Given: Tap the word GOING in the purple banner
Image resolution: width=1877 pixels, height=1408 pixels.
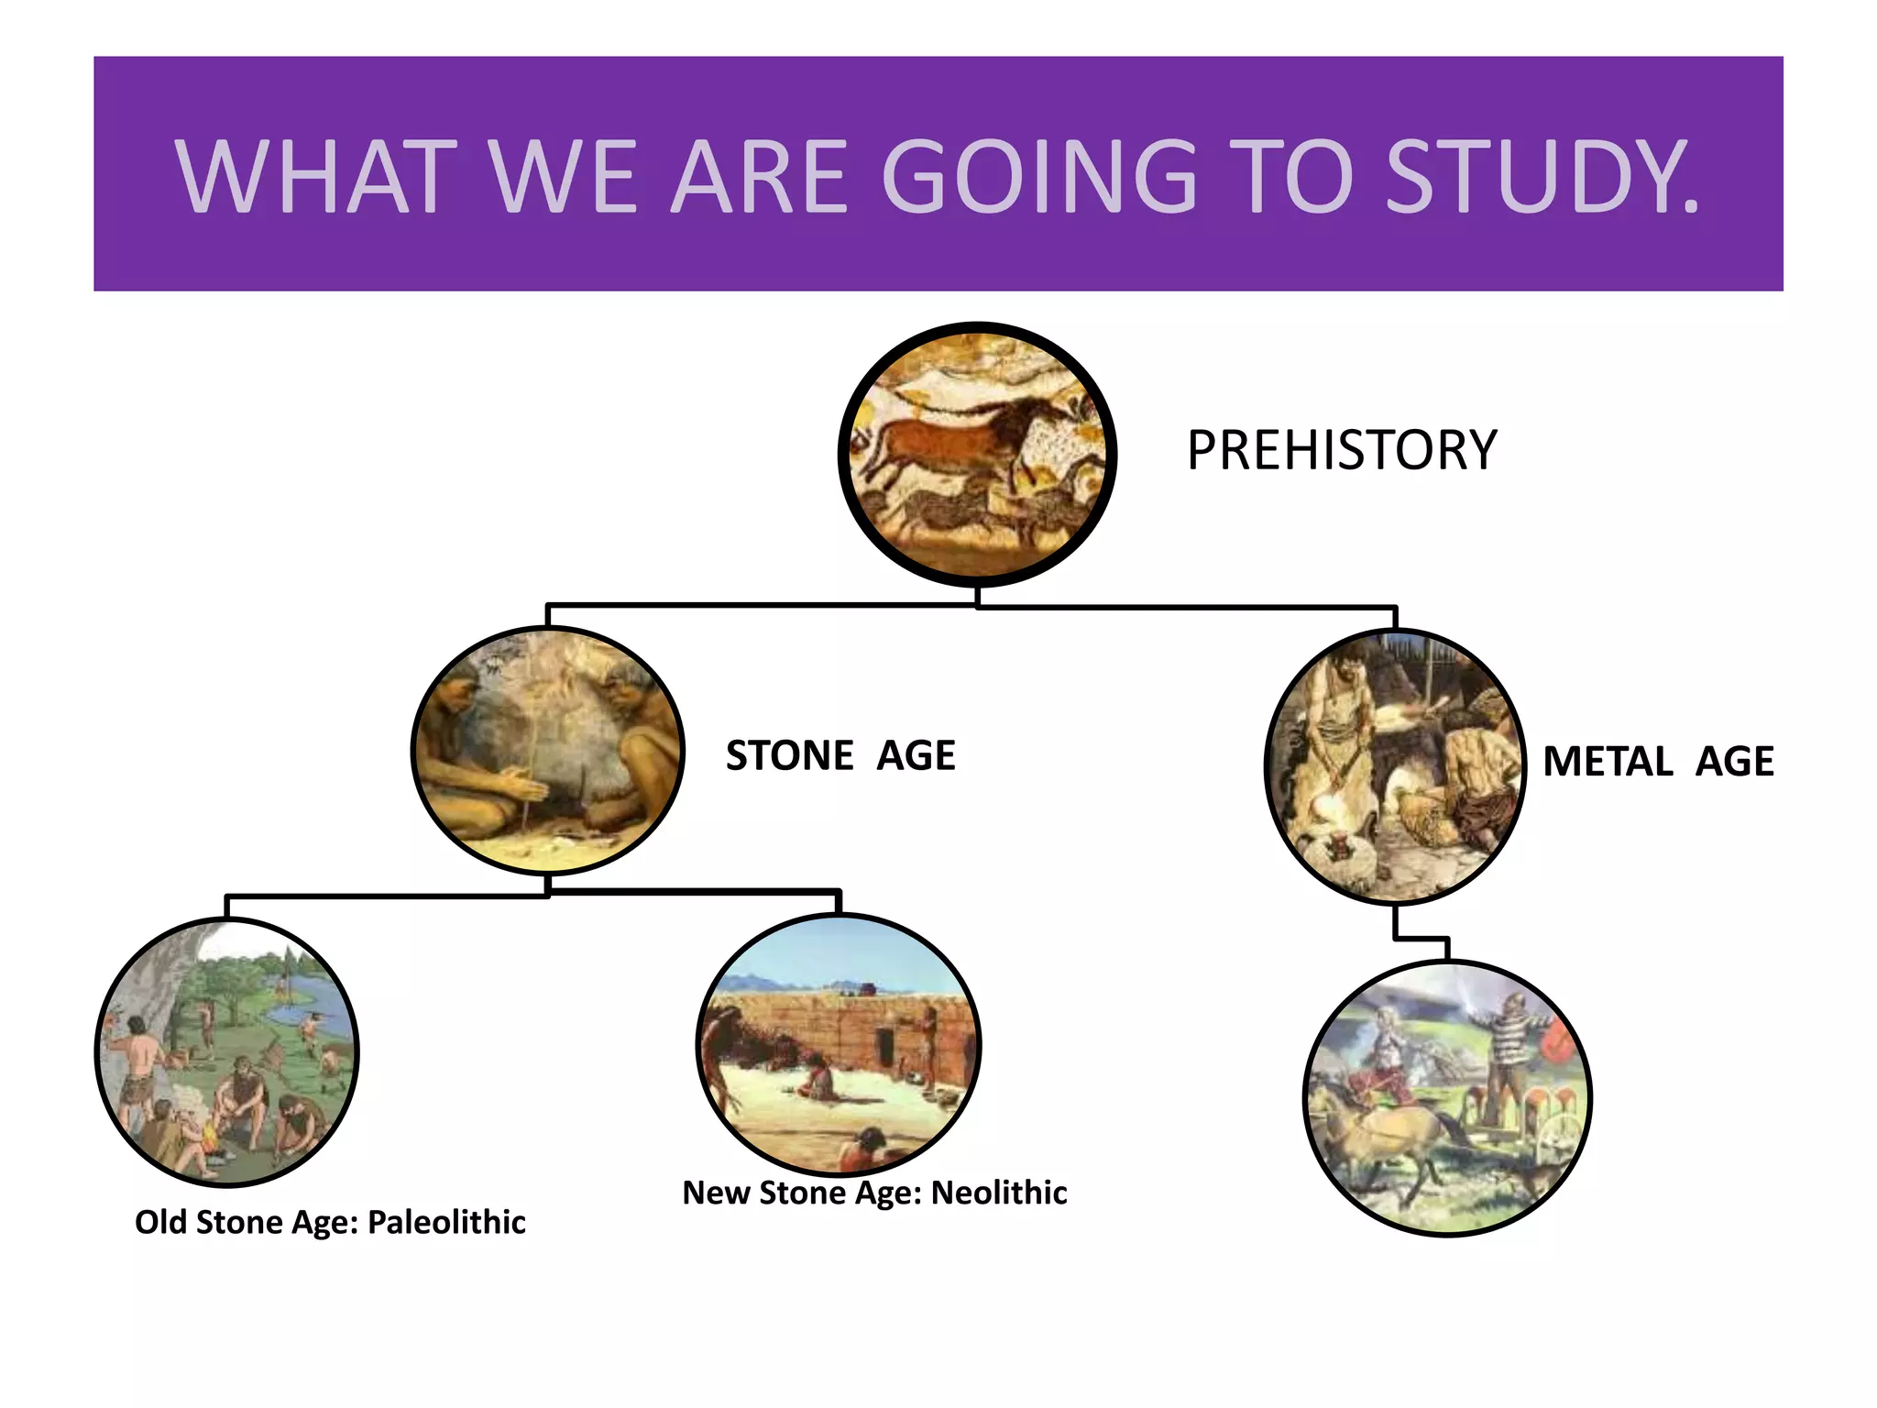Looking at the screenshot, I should (1039, 176).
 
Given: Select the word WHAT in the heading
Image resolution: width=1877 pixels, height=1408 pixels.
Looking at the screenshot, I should (316, 176).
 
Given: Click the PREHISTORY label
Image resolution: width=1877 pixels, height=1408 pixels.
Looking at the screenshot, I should (1341, 450).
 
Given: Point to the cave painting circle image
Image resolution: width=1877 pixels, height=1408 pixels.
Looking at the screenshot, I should (977, 454).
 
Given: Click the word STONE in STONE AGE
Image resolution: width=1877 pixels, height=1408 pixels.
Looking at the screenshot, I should (789, 755).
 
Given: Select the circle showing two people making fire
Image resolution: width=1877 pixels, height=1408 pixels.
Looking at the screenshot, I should (547, 750).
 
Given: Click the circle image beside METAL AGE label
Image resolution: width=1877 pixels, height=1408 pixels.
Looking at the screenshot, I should (1394, 765).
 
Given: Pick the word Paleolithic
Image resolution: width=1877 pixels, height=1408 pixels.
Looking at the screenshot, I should (446, 1222).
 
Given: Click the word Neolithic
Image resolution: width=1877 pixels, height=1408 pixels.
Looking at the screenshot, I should (999, 1193).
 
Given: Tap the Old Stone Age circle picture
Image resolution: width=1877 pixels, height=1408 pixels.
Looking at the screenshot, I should (226, 1051).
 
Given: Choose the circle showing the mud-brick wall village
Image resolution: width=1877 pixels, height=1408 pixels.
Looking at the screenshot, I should (839, 1044).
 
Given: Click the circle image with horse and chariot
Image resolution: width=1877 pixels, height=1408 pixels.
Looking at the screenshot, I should (1447, 1098).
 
